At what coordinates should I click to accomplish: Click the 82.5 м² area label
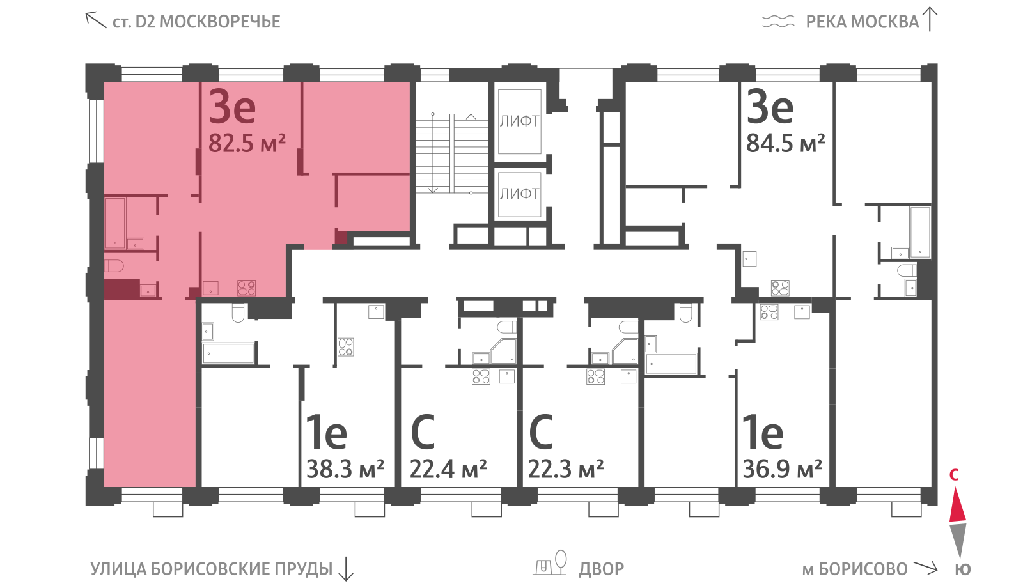pos(247,143)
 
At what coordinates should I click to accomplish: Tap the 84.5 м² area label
pos(786,143)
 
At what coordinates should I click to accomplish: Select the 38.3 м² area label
pos(345,469)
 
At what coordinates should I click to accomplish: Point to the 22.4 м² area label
pos(448,469)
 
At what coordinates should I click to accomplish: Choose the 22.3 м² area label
pos(566,469)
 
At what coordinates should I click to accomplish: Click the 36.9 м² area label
pos(783,469)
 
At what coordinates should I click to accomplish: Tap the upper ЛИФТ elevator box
pos(520,121)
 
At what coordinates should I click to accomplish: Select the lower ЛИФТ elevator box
pos(520,194)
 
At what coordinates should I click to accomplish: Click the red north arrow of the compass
pos(958,504)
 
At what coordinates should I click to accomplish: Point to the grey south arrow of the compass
pos(958,541)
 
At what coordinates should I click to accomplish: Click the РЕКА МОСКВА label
pos(863,22)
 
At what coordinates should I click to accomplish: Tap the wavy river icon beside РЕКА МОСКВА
pos(778,22)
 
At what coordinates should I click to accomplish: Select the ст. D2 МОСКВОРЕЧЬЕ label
pos(196,22)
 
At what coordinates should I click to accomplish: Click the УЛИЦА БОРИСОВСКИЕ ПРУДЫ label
pos(212,569)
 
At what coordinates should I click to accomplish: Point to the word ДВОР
pos(602,569)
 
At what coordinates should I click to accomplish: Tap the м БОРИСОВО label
pos(855,569)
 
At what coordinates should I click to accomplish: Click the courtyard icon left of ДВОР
pos(551,563)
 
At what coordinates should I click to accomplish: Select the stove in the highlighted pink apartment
pos(247,288)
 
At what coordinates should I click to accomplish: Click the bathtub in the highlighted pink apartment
pos(115,223)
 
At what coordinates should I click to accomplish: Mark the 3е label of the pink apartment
pos(232,107)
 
